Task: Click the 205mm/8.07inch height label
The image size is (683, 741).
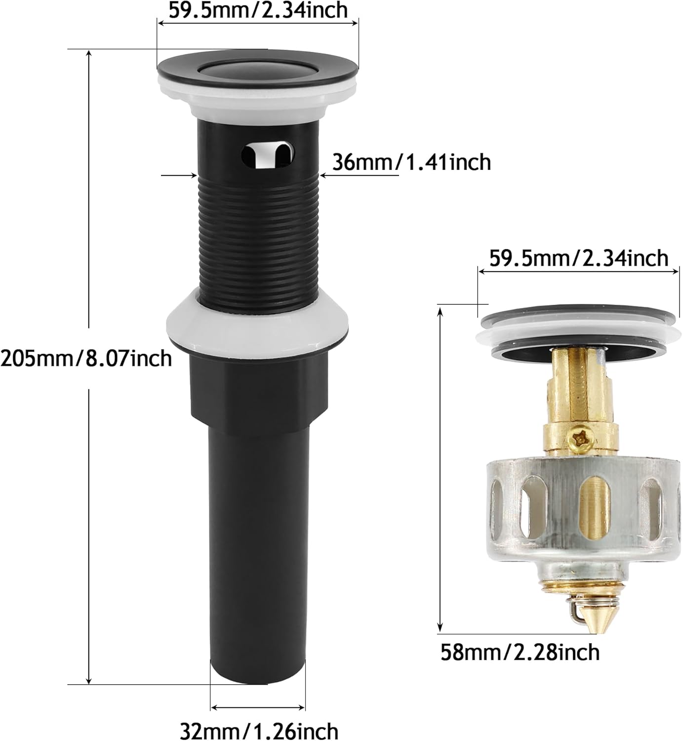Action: click(x=86, y=358)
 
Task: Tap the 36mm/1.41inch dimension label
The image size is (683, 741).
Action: click(x=411, y=162)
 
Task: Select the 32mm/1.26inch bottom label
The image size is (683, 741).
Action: click(x=259, y=730)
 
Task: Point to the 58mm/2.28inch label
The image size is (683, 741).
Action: click(x=520, y=652)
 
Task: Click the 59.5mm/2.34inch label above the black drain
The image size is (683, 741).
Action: click(x=258, y=10)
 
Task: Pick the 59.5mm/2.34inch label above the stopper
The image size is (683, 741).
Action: click(x=578, y=258)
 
